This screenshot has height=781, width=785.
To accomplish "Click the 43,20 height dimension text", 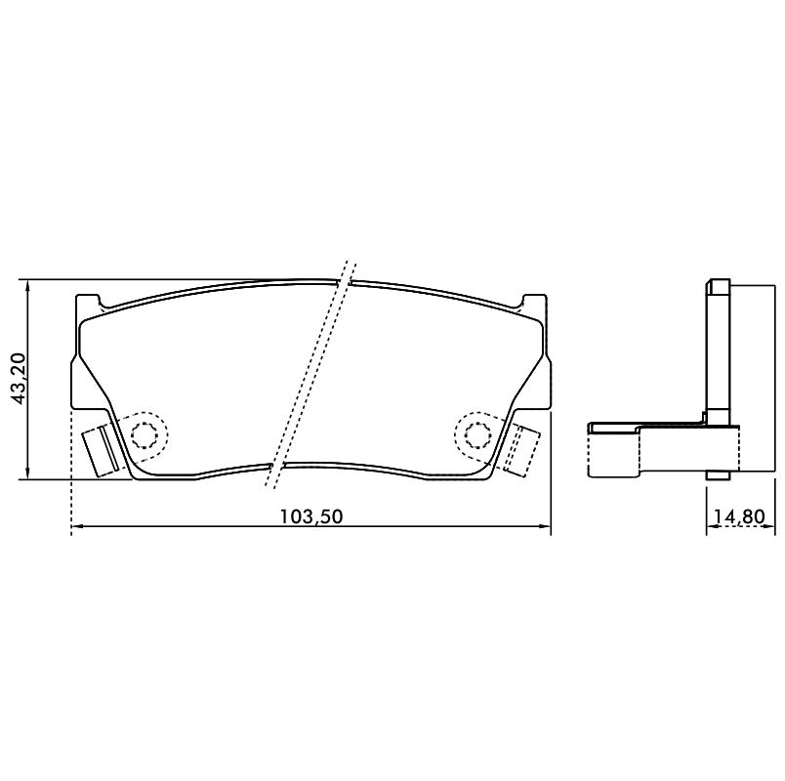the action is point(18,379).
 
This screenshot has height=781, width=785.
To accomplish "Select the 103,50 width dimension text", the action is point(310,516).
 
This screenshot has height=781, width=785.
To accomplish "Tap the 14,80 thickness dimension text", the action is point(740,516).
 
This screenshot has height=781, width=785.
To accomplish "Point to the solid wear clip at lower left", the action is point(101,450).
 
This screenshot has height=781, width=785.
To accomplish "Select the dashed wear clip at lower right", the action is point(522,450).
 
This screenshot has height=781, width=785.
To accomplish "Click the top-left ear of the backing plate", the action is point(88,302).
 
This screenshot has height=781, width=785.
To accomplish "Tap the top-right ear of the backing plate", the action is point(534,302).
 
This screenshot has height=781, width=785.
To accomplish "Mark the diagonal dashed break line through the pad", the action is point(310,374).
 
